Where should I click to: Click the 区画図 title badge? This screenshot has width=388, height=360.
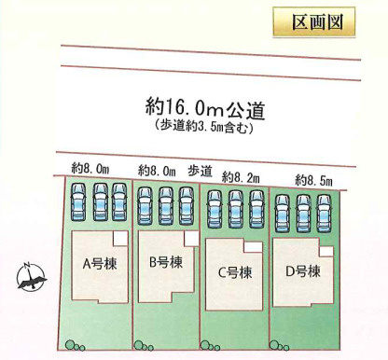[314, 21]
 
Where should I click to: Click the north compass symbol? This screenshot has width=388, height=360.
[31, 275]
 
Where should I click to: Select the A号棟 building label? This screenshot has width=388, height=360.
[95, 263]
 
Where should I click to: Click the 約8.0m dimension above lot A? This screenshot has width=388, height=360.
[90, 168]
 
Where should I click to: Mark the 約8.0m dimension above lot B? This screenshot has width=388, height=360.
[157, 170]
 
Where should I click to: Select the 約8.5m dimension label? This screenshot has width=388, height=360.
[313, 178]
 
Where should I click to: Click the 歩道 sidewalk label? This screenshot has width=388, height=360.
[201, 170]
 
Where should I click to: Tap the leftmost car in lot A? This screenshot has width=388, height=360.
[77, 201]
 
